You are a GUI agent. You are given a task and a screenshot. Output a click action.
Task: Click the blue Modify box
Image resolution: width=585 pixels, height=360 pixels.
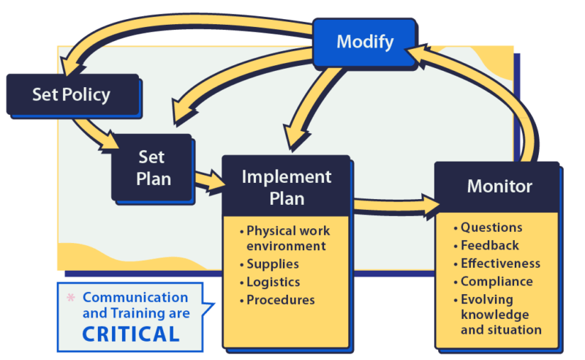point(365,42)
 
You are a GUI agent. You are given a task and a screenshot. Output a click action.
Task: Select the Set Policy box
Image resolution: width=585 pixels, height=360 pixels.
point(71,94)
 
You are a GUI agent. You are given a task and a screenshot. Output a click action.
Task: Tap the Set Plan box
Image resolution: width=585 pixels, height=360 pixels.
point(151,167)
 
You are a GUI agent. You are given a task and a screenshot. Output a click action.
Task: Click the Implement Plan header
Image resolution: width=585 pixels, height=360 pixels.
point(286,187)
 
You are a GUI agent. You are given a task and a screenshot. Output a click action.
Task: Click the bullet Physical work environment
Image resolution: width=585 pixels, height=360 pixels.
point(285,237)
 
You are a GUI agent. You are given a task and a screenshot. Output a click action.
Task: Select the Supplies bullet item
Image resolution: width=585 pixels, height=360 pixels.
point(272,264)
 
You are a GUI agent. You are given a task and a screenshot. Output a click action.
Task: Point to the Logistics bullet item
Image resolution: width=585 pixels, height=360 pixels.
point(273,282)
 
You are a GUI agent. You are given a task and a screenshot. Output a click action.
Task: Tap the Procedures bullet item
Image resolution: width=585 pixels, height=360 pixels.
point(280,300)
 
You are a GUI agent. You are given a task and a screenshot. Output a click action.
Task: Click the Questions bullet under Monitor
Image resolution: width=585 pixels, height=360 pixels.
point(491,228)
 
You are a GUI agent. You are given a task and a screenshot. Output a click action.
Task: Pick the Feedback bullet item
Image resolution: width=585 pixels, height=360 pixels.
point(489,245)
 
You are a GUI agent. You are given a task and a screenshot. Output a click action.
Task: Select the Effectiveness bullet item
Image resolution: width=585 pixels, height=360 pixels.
point(500,263)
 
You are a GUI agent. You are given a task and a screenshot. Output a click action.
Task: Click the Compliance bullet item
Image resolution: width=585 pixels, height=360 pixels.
point(496,282)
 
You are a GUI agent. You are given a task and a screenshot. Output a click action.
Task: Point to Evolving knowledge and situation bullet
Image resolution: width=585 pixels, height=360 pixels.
point(500,315)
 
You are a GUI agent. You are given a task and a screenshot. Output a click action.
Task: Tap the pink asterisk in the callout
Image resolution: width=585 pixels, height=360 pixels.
point(71,298)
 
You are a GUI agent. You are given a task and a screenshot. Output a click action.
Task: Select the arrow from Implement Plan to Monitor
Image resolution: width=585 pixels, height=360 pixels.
point(395,206)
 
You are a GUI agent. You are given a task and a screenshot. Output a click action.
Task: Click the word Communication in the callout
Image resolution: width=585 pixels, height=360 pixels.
point(135,298)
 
